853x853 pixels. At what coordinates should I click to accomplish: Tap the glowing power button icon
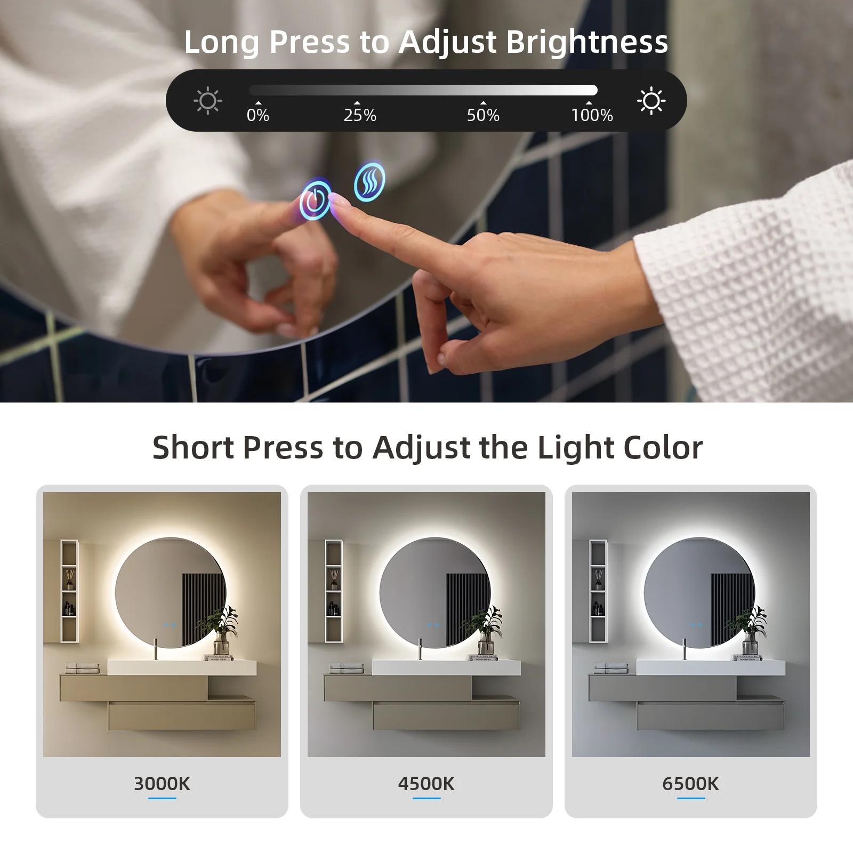point(315,200)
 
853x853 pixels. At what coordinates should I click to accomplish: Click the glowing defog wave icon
point(369,181)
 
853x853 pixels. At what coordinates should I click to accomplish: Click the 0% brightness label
point(258,115)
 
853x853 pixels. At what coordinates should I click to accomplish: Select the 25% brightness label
point(360,115)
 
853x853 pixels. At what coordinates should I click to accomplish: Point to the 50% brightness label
point(483,115)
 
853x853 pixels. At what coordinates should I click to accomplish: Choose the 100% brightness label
point(592,115)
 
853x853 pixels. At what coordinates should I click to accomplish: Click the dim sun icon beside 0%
point(207,101)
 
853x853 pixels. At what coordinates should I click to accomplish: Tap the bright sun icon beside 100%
point(651,101)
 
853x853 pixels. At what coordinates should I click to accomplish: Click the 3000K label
point(162,784)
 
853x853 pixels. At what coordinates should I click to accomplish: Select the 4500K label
point(426,784)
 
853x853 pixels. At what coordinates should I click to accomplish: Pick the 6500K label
point(690,784)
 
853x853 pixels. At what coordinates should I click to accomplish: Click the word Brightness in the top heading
point(587,42)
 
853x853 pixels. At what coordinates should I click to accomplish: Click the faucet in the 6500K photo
point(685,649)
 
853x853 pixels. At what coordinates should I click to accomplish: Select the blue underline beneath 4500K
point(426,798)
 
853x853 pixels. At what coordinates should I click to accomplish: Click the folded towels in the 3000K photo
point(83,667)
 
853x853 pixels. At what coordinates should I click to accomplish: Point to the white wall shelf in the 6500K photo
point(598,591)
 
